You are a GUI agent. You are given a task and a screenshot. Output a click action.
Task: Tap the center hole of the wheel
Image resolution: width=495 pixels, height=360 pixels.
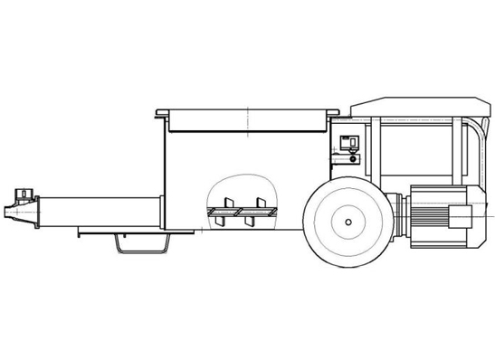pyautogui.click(x=348, y=220)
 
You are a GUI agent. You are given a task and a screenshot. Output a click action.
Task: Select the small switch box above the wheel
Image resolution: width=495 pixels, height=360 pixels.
pyautogui.click(x=349, y=142)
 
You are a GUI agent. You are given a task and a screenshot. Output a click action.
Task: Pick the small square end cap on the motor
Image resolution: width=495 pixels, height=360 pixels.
pyautogui.click(x=461, y=217)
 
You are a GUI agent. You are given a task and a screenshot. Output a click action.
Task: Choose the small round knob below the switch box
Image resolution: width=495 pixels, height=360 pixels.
pyautogui.click(x=354, y=159)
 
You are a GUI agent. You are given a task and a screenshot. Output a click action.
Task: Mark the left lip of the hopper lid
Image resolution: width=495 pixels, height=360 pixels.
pyautogui.click(x=161, y=112)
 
